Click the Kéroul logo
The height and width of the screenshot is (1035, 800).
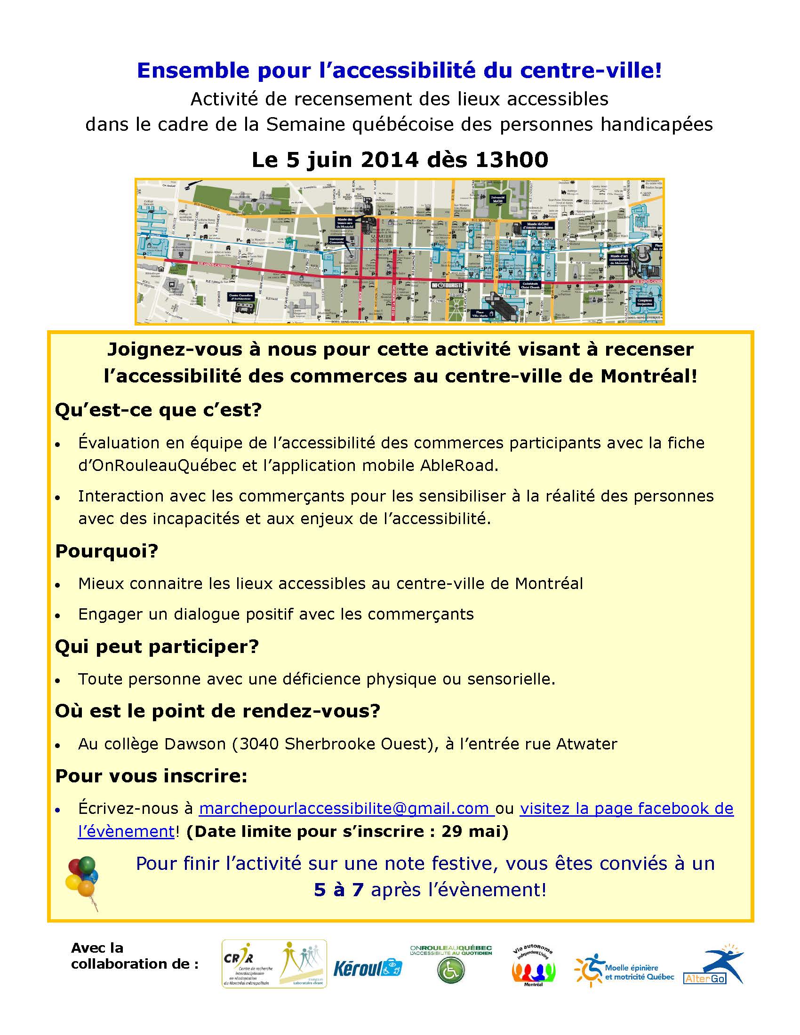[368, 968]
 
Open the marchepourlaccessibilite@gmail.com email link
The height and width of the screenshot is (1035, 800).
[346, 808]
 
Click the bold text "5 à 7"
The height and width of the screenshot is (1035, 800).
[338, 890]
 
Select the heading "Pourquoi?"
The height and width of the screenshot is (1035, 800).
[107, 551]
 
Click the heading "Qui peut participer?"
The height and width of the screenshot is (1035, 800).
[157, 646]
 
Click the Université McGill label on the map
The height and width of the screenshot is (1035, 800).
[497, 199]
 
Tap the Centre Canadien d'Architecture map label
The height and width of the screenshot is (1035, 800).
[241, 297]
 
